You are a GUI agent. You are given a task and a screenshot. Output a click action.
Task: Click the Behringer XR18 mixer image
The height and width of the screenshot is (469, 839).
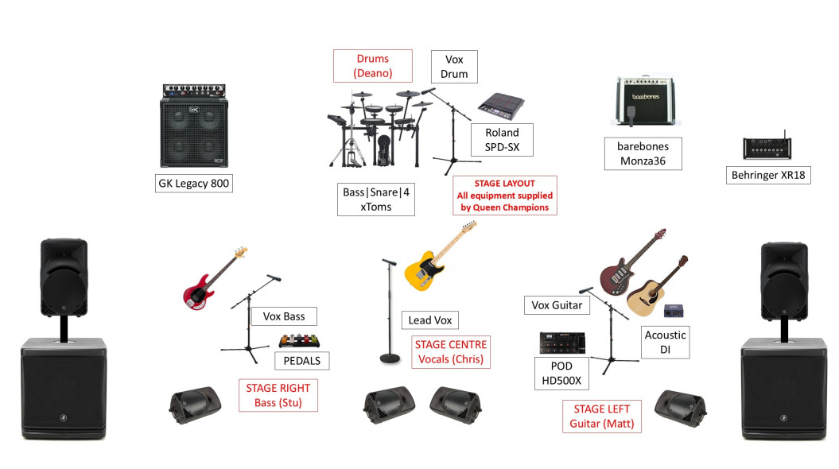click(x=769, y=148)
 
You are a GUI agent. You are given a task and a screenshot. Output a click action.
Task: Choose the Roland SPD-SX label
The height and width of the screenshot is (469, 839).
click(x=502, y=140)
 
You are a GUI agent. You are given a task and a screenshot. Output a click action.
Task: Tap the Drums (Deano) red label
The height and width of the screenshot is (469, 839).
click(x=373, y=65)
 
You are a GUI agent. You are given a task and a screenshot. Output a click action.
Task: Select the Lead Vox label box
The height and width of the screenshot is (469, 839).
click(x=430, y=320)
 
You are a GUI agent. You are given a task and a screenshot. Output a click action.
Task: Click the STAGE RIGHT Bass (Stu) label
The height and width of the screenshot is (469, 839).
click(x=278, y=395)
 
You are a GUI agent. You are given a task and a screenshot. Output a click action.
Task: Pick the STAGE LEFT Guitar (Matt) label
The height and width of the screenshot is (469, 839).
click(x=602, y=417)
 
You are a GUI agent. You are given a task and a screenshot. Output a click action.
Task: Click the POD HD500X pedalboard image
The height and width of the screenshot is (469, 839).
click(x=562, y=343)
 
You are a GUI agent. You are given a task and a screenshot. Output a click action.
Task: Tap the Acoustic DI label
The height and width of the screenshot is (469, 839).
click(x=664, y=343)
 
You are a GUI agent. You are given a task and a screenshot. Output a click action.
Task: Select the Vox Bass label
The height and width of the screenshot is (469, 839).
click(x=284, y=316)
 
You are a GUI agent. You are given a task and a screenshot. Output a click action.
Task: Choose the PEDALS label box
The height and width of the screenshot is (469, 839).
click(x=301, y=361)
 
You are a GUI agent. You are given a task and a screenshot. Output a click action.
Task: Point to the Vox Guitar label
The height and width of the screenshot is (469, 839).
click(x=557, y=305)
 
